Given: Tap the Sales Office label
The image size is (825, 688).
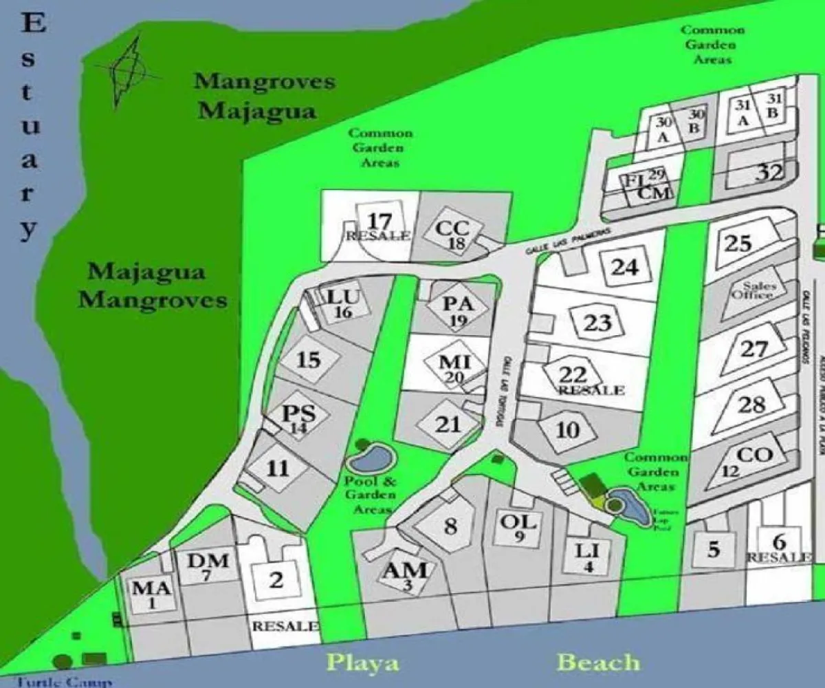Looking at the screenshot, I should pos(758,290).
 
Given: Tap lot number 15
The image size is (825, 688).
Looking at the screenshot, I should pos(309,359).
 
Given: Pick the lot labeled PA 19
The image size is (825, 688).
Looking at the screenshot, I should pos(456,309).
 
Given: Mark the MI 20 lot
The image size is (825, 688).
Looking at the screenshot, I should pos(454,366).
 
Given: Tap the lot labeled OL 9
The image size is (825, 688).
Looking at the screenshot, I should pos(518,526).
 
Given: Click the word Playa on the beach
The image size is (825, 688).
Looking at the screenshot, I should pos(362,663).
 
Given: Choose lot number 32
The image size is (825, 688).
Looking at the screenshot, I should pos(769,172).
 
